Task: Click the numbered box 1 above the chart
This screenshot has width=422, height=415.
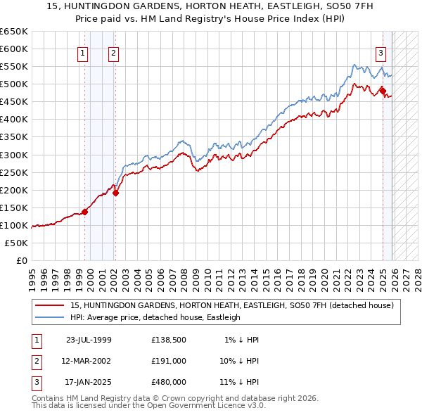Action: point(83,52)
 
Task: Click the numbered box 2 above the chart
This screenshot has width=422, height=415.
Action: point(113,52)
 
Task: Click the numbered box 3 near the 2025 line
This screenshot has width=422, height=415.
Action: point(381,52)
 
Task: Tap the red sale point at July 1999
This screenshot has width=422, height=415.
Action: point(84,211)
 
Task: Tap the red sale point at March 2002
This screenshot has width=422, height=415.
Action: point(115,193)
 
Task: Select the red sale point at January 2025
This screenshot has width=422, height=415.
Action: point(383,91)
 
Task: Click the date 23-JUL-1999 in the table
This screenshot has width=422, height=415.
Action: point(89,340)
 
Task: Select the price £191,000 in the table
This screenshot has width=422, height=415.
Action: point(169,361)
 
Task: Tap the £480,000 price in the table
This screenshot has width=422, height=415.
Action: point(169,382)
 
